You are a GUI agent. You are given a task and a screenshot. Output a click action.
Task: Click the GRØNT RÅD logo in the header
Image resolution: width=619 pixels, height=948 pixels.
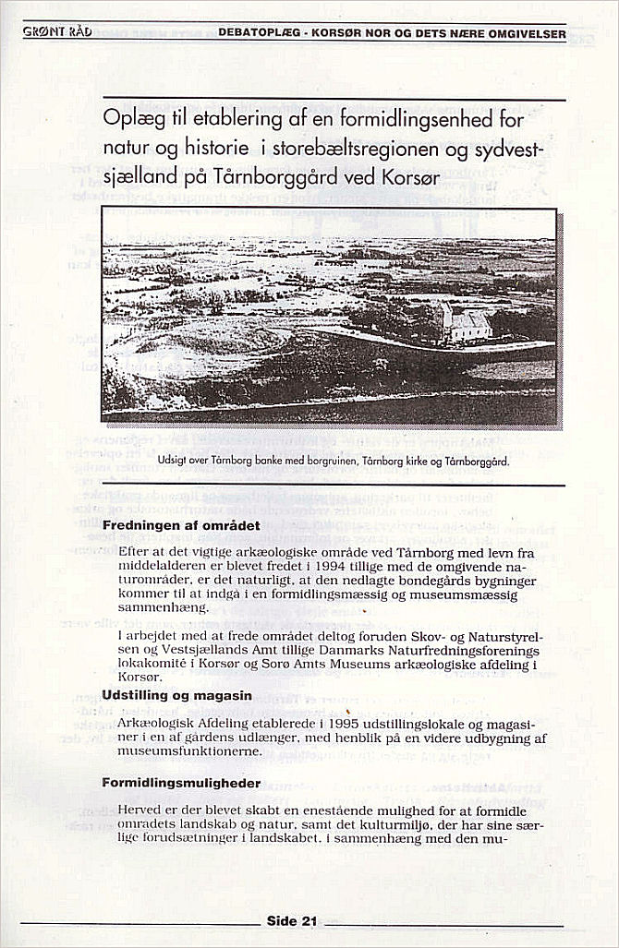click(56, 32)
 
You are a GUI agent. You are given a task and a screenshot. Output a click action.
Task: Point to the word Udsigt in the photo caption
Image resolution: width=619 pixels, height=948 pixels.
click(174, 460)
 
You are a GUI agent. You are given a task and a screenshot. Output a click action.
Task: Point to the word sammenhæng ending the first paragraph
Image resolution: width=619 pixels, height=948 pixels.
click(163, 608)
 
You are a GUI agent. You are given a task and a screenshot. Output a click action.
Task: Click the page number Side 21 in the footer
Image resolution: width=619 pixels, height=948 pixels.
click(292, 920)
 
